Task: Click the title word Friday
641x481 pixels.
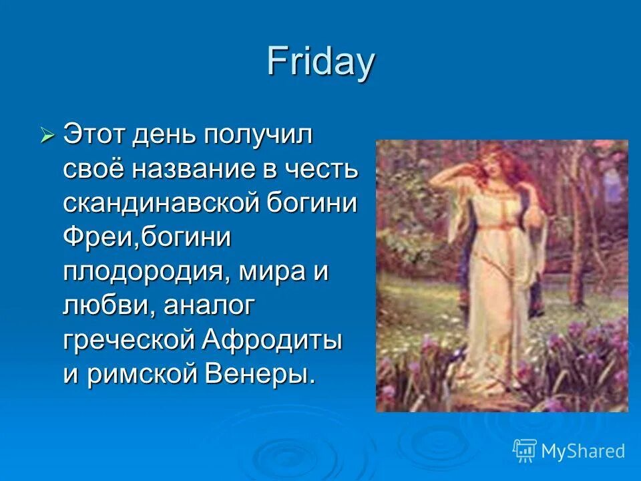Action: [x=320, y=62]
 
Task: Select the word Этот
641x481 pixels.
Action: [x=93, y=136]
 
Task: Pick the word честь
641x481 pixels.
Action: [x=322, y=170]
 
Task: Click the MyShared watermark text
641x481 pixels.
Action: [x=582, y=451]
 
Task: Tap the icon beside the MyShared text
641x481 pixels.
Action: [x=524, y=450]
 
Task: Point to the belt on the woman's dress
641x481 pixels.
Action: [x=491, y=229]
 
